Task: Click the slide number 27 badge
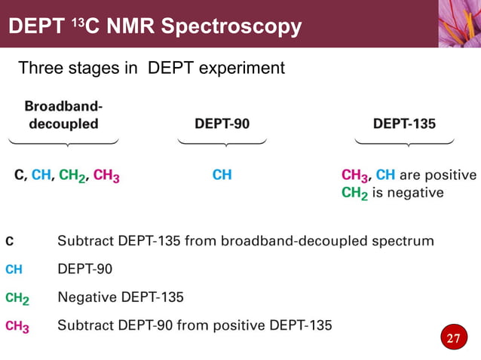(x=452, y=338)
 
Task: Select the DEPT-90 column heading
(x=222, y=124)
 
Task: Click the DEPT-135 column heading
(x=404, y=124)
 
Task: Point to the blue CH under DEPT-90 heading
(x=222, y=175)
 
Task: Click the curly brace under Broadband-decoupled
(x=64, y=142)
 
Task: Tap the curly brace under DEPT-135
(x=404, y=142)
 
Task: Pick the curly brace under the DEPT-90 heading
(x=222, y=142)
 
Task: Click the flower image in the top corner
(x=459, y=23)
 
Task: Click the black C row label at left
(x=9, y=242)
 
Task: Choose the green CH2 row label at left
(x=17, y=298)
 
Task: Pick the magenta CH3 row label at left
(x=17, y=326)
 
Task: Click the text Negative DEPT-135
(x=121, y=297)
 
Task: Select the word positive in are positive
(x=450, y=175)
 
